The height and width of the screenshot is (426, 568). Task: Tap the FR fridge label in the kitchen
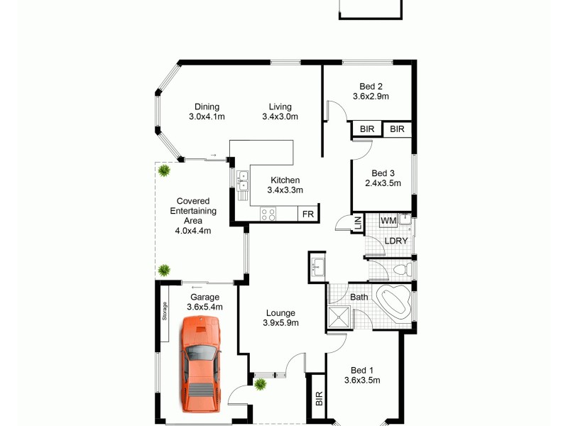307,214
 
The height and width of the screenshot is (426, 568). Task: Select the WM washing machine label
388,222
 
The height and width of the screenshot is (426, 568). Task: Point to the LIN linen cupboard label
357,222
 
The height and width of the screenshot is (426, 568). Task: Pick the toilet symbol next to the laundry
401,270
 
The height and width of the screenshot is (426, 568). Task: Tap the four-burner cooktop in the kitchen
268,213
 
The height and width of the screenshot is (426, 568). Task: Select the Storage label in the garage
164,312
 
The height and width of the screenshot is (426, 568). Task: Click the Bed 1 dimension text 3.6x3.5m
362,380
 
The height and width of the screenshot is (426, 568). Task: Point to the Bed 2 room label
371,86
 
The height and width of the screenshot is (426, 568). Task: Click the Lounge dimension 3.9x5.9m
280,323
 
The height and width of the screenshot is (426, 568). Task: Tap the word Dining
207,107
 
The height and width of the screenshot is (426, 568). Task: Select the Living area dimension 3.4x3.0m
280,117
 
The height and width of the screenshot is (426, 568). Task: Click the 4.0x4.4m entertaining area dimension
192,230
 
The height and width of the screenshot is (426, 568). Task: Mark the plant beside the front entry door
261,384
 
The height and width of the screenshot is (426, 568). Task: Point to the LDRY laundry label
396,241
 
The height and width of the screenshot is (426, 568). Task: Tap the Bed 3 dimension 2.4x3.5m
383,183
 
